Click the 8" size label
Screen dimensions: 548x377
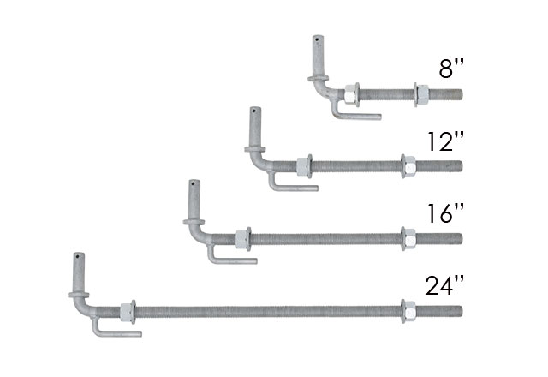451,69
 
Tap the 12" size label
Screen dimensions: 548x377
446,141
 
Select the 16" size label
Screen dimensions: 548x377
446,213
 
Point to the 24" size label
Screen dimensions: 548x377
444,285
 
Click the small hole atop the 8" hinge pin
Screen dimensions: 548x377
317,39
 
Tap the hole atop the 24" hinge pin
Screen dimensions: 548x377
78,257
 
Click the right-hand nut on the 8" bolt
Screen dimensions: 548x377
422,94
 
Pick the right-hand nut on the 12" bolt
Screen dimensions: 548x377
409,166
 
